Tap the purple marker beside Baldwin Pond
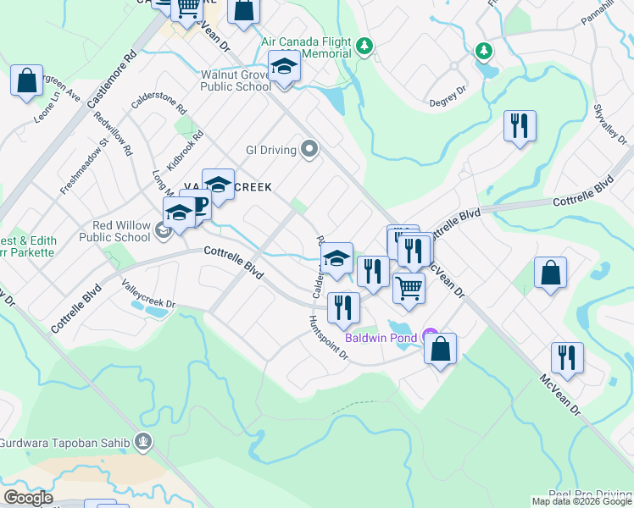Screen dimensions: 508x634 (x=430, y=336)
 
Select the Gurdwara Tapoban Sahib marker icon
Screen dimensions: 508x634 (x=144, y=439)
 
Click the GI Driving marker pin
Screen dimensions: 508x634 (x=309, y=151)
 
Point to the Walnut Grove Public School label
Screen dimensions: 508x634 (x=236, y=80)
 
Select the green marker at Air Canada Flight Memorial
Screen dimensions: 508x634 (x=364, y=46)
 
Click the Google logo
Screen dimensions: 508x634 (x=27, y=498)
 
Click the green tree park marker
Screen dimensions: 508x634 (x=484, y=52)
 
